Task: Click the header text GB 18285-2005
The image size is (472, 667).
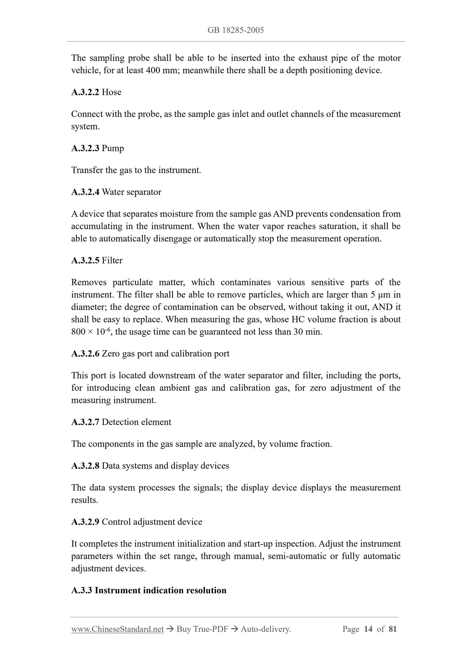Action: tap(236, 30)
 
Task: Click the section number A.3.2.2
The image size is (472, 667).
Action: tap(85, 92)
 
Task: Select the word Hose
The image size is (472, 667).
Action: tap(111, 92)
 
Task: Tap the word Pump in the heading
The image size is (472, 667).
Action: tap(113, 148)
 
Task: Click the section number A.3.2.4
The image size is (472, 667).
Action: tap(85, 192)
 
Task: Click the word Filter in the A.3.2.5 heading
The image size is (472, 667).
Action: tap(112, 260)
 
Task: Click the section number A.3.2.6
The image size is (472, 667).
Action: tap(85, 354)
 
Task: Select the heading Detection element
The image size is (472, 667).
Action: tap(136, 422)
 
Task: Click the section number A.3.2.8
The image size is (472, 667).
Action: tap(85, 466)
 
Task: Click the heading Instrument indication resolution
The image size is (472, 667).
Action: tap(160, 590)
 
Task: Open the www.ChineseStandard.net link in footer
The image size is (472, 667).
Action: tap(117, 629)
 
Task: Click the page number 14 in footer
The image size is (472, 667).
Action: tap(368, 629)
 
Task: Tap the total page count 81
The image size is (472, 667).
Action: tap(393, 629)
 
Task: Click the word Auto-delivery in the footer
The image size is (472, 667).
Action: tap(265, 629)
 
